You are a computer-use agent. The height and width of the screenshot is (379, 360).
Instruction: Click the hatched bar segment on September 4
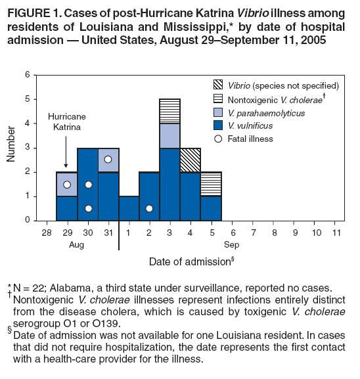click(x=191, y=160)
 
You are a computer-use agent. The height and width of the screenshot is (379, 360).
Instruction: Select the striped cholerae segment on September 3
click(x=169, y=112)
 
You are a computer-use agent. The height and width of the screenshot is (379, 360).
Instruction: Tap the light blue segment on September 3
click(x=169, y=136)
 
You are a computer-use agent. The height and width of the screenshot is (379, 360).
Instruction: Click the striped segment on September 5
click(x=211, y=184)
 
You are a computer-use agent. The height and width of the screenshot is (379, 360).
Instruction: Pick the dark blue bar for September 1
click(x=129, y=208)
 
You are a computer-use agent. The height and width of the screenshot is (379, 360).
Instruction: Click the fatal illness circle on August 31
click(x=108, y=160)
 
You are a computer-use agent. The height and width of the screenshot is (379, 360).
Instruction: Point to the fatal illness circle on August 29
click(x=67, y=185)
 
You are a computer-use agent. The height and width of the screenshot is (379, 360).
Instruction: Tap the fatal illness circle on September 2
click(x=149, y=208)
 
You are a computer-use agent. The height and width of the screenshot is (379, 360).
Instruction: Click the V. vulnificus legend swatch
click(x=218, y=125)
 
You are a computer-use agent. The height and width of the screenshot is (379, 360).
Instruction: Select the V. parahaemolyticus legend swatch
click(x=218, y=112)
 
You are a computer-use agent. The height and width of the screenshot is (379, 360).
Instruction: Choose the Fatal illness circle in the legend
click(x=218, y=139)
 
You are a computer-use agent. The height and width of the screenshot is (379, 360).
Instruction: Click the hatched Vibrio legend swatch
click(x=218, y=85)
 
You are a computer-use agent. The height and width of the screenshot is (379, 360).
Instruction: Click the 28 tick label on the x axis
click(x=47, y=233)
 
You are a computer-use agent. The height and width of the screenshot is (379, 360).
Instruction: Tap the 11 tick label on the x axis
click(x=336, y=233)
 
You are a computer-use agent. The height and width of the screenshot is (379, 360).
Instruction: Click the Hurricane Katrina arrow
click(x=66, y=152)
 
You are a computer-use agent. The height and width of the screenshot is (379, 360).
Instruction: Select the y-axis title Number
click(x=11, y=144)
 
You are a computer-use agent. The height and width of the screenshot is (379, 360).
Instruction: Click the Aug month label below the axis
click(x=76, y=245)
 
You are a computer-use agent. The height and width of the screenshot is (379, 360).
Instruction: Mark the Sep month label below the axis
click(x=232, y=245)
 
